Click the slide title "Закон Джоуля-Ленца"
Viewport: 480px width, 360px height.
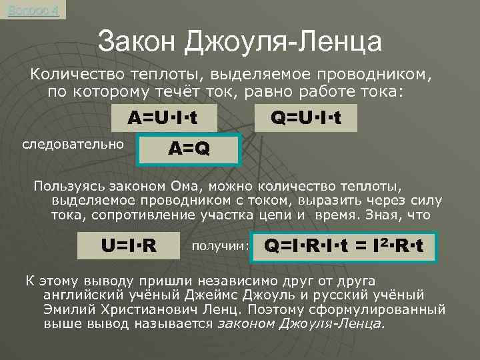coord(239,42)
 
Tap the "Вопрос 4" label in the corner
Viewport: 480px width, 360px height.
coord(33,10)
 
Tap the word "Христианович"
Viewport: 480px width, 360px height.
coord(151,310)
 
